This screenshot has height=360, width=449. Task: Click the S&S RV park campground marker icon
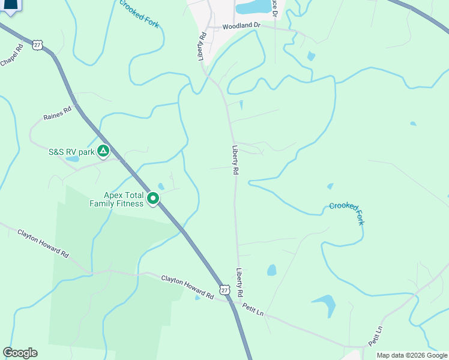103,151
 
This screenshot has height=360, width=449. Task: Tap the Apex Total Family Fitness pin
153,198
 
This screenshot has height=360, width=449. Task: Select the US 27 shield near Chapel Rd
38,45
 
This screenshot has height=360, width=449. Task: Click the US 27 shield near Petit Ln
224,290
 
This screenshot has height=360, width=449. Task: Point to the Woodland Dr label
241,26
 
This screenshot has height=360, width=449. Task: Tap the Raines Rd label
57,113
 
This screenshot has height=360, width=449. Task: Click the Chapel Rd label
11,55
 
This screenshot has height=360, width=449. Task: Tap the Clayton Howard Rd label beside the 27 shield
187,287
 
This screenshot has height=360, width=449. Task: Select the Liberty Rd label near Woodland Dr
202,46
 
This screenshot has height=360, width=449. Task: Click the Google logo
20,353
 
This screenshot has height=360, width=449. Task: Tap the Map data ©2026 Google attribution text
411,355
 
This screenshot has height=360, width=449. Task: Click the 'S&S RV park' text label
71,152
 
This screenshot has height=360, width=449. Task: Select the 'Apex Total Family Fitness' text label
116,199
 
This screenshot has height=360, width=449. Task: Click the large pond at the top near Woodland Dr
254,7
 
